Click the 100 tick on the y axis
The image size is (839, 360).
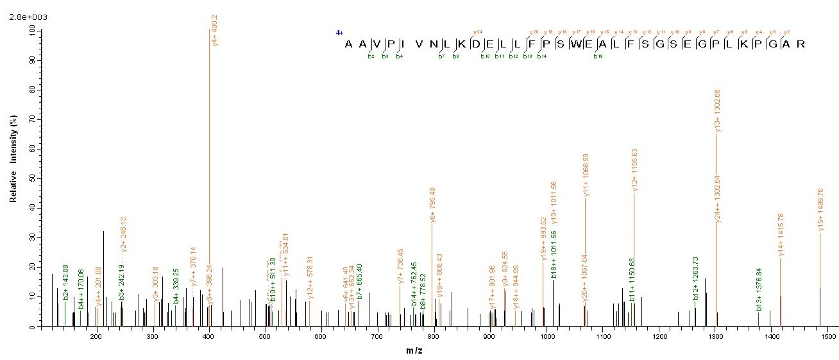click(x=31, y=30)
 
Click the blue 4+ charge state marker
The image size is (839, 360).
click(x=339, y=32)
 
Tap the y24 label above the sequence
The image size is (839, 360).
click(x=477, y=32)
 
